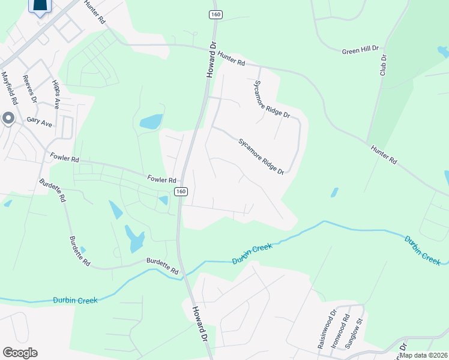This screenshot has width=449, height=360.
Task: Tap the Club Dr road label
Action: click(x=383, y=65)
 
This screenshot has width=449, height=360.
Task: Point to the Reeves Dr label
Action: click(x=29, y=89)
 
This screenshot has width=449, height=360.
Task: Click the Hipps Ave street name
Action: click(x=56, y=94)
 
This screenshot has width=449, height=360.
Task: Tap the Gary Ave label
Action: click(x=39, y=120)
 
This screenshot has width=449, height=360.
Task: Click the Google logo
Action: click(x=20, y=353)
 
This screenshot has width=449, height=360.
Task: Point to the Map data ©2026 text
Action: click(x=423, y=355)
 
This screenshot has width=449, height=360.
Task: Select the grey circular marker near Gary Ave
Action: click(x=8, y=119)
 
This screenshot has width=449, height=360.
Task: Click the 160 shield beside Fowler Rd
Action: click(x=181, y=191)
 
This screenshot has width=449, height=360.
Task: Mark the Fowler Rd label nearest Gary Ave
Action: click(x=65, y=160)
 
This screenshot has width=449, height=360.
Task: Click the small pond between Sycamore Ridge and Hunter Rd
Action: click(x=334, y=193)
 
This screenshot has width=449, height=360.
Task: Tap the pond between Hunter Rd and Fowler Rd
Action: click(x=151, y=122)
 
